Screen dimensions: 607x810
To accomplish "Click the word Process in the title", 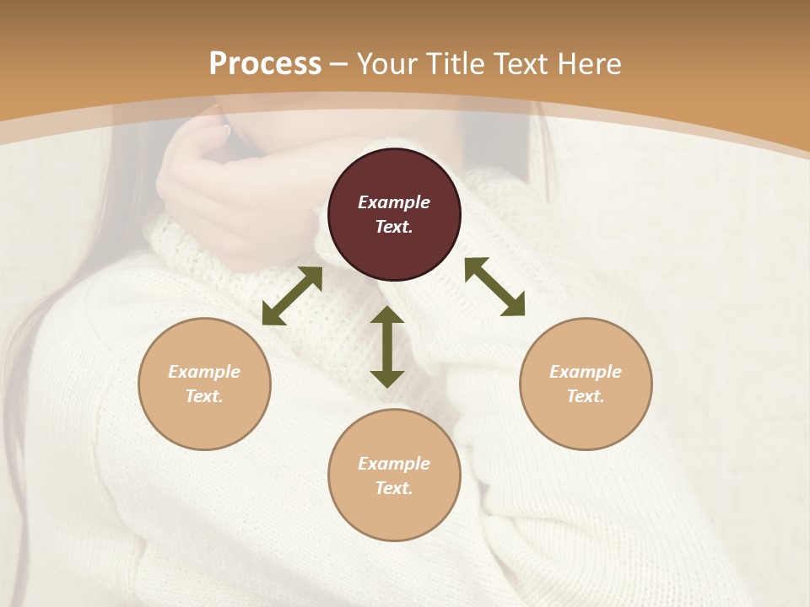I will pos(265,64).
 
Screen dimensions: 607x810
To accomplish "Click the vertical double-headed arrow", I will pos(387,346).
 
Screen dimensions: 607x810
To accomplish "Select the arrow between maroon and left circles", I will pos(292,296).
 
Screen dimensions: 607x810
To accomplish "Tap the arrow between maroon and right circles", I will pos(495,287).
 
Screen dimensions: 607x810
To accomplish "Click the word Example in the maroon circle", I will pos(394,202).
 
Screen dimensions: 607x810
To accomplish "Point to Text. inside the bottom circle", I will pos(394,488).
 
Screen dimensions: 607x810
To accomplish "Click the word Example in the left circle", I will pos(204,372).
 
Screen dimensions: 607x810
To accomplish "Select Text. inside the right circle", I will pos(586,396).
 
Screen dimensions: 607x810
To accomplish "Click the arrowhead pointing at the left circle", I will pos(273,314).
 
